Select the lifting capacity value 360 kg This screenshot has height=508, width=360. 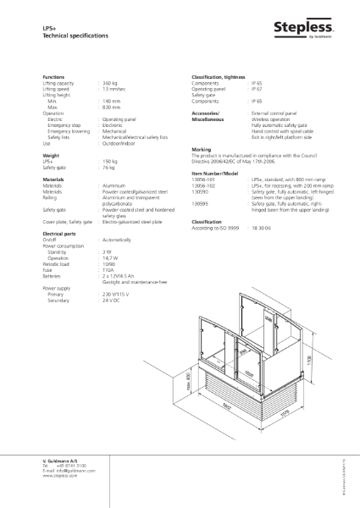tap(108, 83)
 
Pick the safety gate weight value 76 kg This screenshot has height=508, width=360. tap(108, 167)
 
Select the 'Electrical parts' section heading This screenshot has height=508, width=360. tap(59, 231)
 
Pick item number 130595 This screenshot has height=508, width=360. tap(201, 203)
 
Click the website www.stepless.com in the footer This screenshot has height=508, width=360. tap(60, 477)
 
